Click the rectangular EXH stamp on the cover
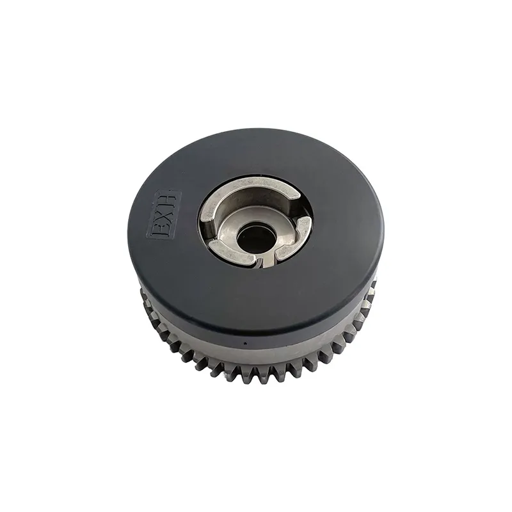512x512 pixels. coord(164,216)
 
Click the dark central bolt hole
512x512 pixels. coord(254,236)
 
